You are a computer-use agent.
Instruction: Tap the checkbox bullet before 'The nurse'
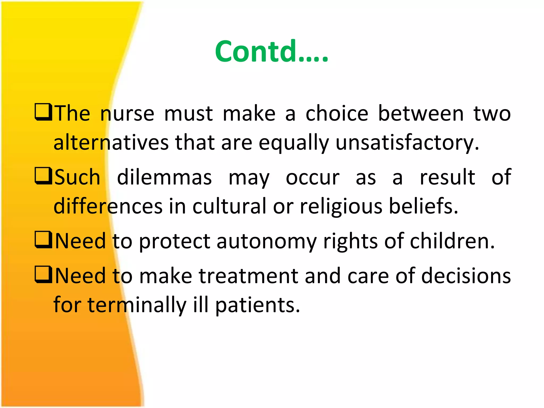(43, 112)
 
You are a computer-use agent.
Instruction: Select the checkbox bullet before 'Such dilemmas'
(43, 176)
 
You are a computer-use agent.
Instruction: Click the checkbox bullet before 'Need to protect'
(43, 240)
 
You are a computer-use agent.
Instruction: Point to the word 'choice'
(337, 114)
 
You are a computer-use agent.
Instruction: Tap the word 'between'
(421, 114)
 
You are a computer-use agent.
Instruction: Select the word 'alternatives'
(111, 143)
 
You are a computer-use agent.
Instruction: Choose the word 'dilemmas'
(164, 177)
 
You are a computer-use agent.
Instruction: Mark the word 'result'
(447, 177)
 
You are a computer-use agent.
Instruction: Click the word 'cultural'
(229, 206)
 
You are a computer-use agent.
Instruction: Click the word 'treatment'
(248, 276)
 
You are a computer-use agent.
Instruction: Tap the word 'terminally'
(137, 305)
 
